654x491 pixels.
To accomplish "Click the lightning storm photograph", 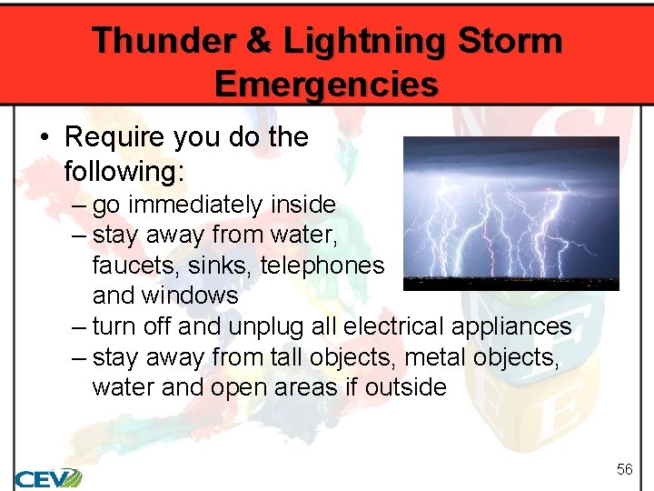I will coord(510,214).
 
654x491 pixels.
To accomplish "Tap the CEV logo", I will coord(47,477).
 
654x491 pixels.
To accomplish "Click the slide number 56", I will coord(624,469).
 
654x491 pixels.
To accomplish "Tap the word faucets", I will coord(127,266).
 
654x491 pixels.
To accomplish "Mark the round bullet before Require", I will coord(45,138).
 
